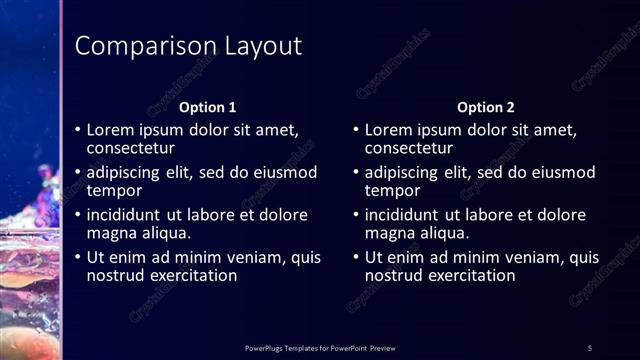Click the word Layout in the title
(255, 46)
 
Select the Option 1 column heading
(207, 107)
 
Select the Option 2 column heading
(485, 107)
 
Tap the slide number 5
(590, 347)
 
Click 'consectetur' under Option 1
(130, 148)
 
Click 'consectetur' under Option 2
(408, 148)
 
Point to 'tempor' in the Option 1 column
(114, 190)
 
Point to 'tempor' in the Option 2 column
(392, 190)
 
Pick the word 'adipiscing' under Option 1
(126, 172)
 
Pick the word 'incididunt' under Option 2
(404, 214)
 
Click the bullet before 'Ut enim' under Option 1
(78, 257)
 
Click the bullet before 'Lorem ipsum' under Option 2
(356, 130)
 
